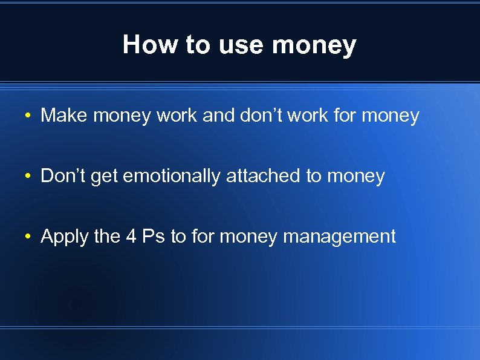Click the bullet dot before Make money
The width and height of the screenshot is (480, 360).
[x=28, y=116]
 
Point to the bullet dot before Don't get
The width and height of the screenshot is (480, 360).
[x=28, y=177]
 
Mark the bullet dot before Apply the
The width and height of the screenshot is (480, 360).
[x=28, y=237]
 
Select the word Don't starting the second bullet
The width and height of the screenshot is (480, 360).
[x=62, y=176]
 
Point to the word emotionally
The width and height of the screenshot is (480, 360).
[x=172, y=177]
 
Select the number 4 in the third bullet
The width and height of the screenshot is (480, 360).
[x=131, y=237]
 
